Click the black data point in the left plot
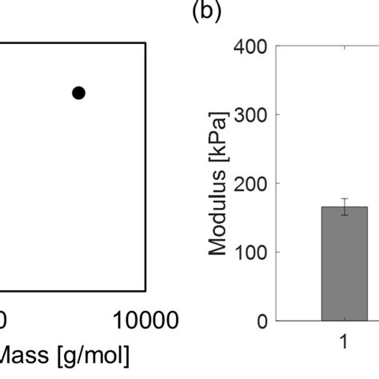78,93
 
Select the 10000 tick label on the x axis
145,321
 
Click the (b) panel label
205,14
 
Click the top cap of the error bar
345,198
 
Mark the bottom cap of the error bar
345,215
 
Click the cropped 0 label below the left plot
4,321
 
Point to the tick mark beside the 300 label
277,115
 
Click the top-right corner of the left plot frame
145,44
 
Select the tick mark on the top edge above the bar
345,48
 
